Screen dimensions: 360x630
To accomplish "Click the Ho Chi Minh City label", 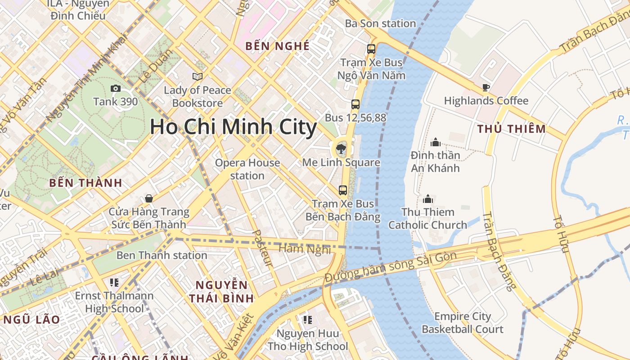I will click(233, 127).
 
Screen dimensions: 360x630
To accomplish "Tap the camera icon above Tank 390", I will click(116, 89).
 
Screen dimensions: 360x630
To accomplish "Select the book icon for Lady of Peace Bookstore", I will click(197, 76).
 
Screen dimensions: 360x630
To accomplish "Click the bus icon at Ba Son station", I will click(371, 49).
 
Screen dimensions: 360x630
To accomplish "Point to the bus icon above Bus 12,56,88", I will click(355, 104).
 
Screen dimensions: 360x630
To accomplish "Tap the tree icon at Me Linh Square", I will click(341, 148).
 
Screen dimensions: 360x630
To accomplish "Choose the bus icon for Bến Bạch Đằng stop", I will click(343, 190).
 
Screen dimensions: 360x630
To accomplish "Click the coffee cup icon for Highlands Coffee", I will click(486, 87).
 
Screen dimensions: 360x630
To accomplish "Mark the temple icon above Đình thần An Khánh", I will click(435, 142).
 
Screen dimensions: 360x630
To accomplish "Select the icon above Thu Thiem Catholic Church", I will click(427, 198).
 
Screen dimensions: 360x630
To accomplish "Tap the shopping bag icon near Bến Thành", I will click(148, 198).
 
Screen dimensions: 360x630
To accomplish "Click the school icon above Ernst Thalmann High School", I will click(114, 283).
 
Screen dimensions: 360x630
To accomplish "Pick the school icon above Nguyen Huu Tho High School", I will click(307, 320).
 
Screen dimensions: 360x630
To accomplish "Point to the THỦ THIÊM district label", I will click(512, 129).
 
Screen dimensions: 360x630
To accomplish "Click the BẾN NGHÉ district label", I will click(277, 46).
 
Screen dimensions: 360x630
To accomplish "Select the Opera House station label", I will click(247, 169).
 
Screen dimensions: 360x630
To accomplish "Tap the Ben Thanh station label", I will click(162, 256).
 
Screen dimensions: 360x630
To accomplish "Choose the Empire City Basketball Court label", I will click(462, 323).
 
